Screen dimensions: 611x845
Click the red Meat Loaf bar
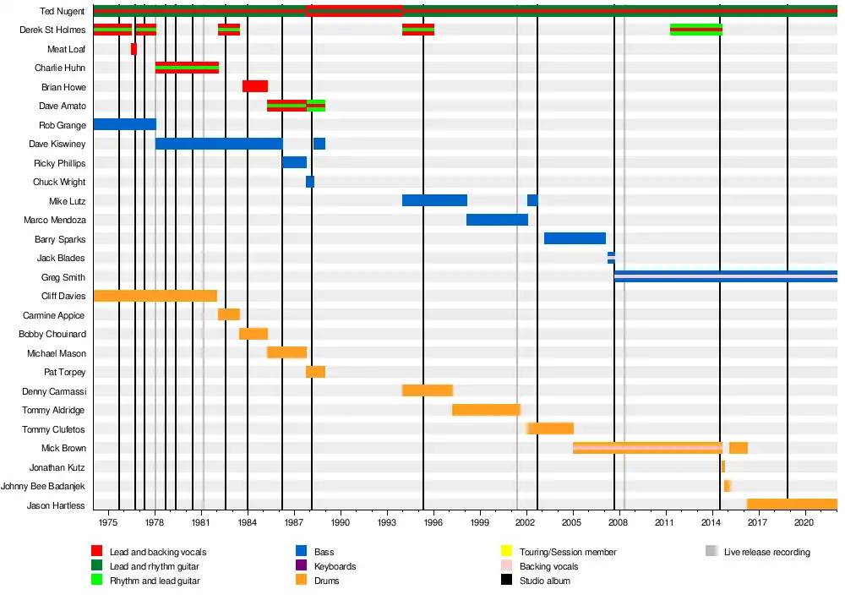(x=134, y=49)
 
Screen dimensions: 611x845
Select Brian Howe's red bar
(x=254, y=86)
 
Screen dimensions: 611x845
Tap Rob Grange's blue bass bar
(x=124, y=124)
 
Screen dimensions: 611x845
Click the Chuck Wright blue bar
(x=310, y=182)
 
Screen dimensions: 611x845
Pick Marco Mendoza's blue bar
(x=497, y=220)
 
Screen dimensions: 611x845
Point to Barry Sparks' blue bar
(x=575, y=238)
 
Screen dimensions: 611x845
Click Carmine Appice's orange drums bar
(x=228, y=314)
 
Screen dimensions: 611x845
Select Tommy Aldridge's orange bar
(x=486, y=410)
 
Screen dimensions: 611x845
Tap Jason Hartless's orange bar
(x=792, y=505)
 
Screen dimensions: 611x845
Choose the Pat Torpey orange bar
(x=315, y=372)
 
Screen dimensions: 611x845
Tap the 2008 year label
(x=619, y=524)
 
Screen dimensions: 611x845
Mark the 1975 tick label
(x=107, y=524)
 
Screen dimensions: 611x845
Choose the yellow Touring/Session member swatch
(x=507, y=552)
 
